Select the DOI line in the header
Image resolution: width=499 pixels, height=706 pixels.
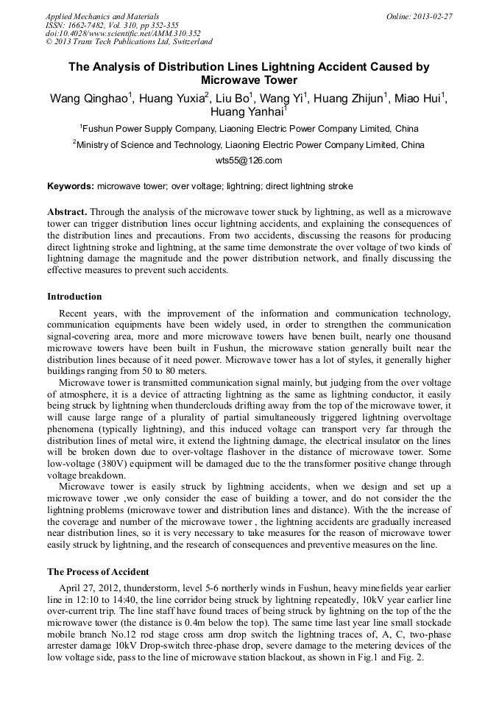[x=123, y=33]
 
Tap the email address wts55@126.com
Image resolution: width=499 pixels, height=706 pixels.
[x=249, y=160]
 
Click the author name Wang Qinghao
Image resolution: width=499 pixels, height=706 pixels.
[x=88, y=99]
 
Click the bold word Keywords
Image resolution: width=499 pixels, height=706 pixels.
[x=71, y=186]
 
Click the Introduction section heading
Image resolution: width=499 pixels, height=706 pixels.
[x=75, y=297]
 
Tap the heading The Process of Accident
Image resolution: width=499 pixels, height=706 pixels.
[x=98, y=571]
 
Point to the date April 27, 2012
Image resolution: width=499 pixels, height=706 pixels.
[x=91, y=586]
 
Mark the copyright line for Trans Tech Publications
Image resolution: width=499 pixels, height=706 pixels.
[x=129, y=42]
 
